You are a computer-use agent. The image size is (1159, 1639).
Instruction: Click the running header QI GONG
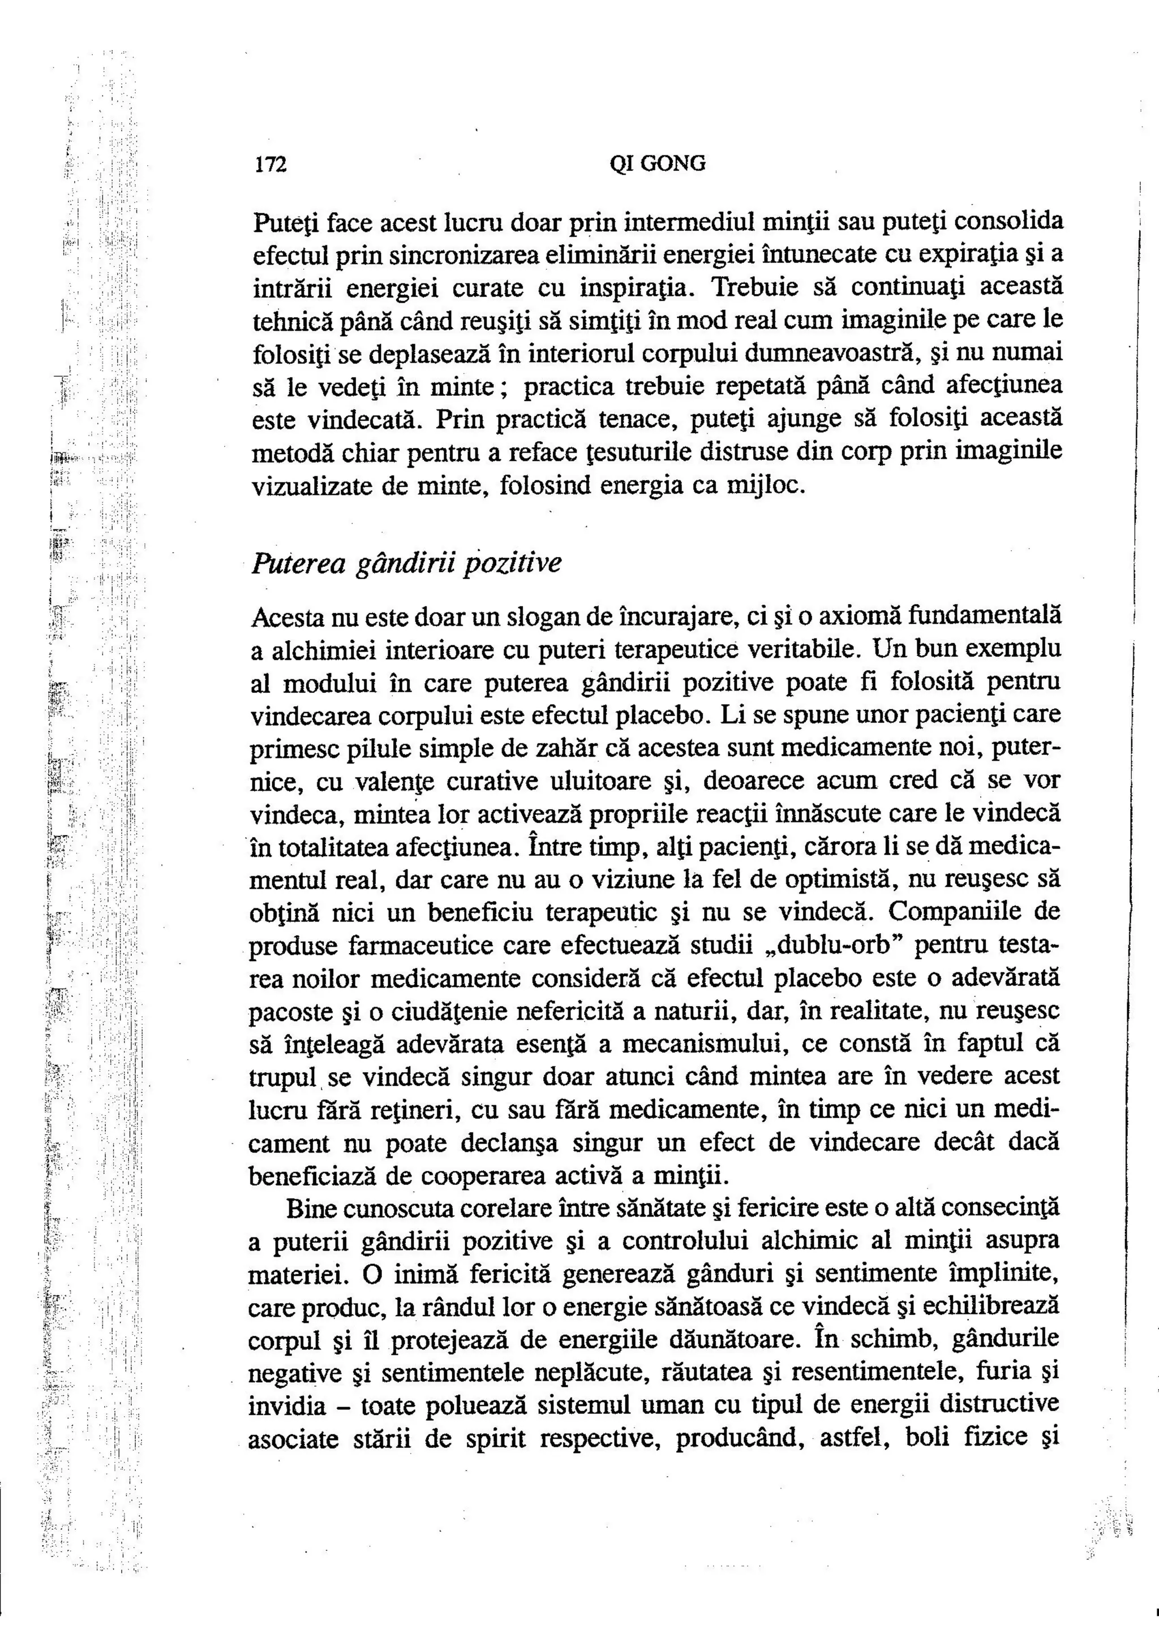657,164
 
